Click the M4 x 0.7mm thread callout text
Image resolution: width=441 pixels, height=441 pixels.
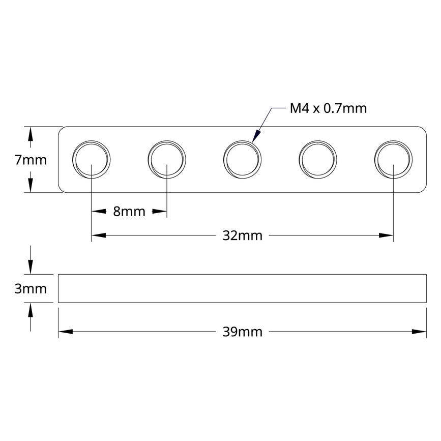[x=328, y=108]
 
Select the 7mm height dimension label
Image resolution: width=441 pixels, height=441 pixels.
[x=31, y=160]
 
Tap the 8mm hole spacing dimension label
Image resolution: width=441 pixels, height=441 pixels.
[x=129, y=212]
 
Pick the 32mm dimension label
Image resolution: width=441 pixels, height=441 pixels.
[x=242, y=236]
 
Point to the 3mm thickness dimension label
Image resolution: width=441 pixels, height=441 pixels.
[x=31, y=289]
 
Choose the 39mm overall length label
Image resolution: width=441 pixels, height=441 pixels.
[x=242, y=332]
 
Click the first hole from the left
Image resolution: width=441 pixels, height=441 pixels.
[x=92, y=159]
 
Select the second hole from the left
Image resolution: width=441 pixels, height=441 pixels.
[x=167, y=159]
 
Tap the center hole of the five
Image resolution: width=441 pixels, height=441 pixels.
[x=242, y=159]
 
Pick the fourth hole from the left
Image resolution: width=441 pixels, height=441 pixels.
[x=317, y=159]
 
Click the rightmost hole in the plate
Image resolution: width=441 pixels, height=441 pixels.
[x=393, y=159]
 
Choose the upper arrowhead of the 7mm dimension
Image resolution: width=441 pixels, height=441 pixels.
[x=31, y=134]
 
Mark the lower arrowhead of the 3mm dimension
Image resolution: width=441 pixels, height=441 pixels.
[x=31, y=310]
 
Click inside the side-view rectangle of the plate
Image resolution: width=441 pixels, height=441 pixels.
[x=242, y=288]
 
